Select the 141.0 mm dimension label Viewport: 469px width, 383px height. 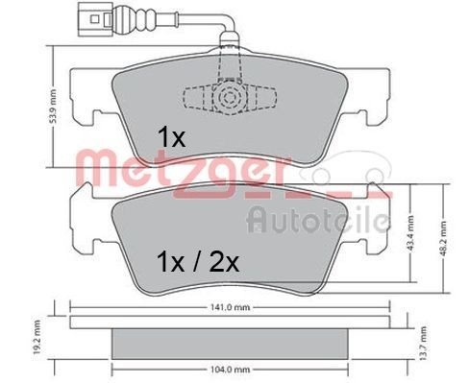click(231, 309)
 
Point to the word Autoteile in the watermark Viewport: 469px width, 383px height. click(317, 221)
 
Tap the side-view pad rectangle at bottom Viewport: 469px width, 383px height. click(231, 339)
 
